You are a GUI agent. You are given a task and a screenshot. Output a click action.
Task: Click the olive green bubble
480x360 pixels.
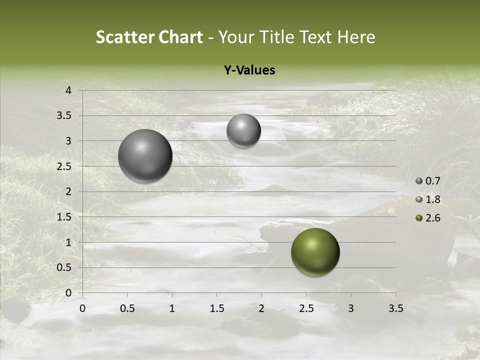pos(315,252)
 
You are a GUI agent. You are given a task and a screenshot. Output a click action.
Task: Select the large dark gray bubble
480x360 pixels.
pos(145,156)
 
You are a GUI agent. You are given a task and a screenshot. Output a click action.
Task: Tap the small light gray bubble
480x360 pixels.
pos(243,130)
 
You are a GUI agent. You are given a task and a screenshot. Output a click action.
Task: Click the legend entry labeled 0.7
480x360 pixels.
pos(432,181)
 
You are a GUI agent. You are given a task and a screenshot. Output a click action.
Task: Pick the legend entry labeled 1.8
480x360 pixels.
pos(432,199)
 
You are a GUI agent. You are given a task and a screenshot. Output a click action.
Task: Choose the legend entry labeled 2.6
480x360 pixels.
pos(432,218)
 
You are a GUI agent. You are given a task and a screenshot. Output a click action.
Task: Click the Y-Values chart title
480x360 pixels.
pos(249,70)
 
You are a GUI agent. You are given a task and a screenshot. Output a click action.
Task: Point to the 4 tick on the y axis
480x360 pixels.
pos(68,90)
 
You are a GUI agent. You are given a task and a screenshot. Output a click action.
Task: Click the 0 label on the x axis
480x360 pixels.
pos(82,308)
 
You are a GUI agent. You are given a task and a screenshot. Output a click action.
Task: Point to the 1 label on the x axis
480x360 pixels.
pos(172,308)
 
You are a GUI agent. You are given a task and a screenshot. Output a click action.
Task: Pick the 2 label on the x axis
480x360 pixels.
pos(261,308)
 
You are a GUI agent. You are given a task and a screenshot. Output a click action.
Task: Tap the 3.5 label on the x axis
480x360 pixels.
pos(395,308)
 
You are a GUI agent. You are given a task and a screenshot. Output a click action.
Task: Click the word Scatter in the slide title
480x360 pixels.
pos(124,37)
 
